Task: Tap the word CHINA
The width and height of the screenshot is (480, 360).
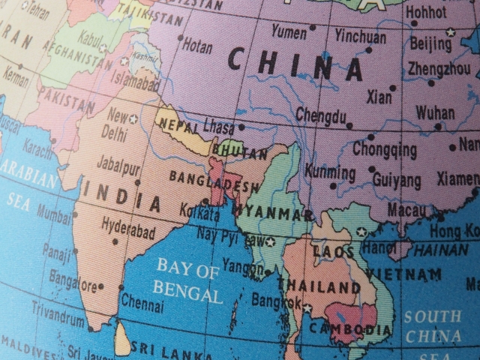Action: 295,64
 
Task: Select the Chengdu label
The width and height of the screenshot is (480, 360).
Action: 321,115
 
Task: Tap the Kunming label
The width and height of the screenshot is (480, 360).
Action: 330,172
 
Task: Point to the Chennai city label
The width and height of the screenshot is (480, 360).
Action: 142,304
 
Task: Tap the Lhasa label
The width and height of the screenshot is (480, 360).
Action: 219,126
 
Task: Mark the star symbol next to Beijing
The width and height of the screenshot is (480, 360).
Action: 450,32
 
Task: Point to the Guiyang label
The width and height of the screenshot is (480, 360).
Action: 395,180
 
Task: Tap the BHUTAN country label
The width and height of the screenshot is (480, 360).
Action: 240,154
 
